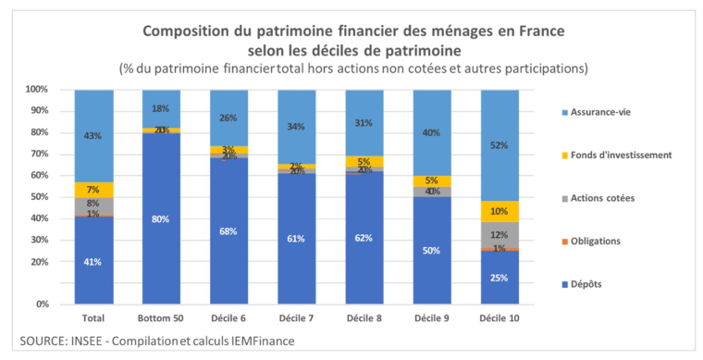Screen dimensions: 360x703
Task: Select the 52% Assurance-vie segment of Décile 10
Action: pyautogui.click(x=499, y=145)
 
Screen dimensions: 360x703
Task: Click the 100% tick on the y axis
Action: pyautogui.click(x=36, y=90)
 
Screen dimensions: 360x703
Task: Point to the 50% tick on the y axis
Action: pyautogui.click(x=38, y=197)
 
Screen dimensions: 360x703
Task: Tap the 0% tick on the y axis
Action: pyautogui.click(x=41, y=304)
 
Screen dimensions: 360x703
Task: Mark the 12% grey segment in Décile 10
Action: pyautogui.click(x=499, y=235)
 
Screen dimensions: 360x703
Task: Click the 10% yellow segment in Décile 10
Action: pyautogui.click(x=499, y=212)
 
